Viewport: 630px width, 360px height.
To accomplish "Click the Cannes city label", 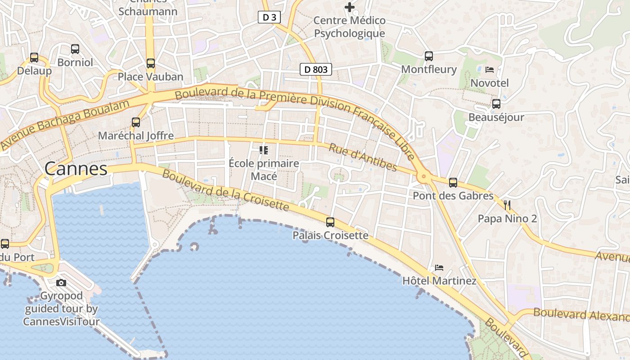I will point(76,169).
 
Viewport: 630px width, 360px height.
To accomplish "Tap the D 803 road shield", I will point(316,69).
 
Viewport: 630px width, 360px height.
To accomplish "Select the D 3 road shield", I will point(269,18).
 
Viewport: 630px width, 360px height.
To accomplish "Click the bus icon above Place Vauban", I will point(151,63).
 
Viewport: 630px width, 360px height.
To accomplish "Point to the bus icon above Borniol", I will point(75,49).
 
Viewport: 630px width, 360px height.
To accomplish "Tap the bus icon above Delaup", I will point(34,58).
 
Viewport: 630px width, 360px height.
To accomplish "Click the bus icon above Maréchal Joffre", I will point(135,122).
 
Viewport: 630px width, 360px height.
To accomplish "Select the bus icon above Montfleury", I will point(429,56).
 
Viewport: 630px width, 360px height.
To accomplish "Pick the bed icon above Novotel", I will point(490,70).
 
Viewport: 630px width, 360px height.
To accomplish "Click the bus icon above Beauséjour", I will point(496,104).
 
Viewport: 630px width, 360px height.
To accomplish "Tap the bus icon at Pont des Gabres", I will point(453,183).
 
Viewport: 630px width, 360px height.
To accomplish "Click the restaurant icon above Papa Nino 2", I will point(508,206).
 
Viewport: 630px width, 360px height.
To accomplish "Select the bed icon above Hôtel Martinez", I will point(439,268).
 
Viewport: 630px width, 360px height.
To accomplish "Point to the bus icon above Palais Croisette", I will point(330,222).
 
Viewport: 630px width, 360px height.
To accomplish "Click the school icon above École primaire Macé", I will point(264,150).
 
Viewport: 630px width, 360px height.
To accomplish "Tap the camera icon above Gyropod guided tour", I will point(61,283).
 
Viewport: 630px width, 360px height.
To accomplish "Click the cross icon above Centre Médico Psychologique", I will point(350,7).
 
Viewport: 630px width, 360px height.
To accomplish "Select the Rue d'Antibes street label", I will point(363,157).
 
